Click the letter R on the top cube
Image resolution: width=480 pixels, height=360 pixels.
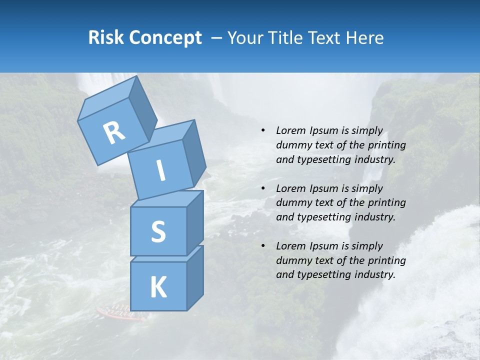pos(114,132)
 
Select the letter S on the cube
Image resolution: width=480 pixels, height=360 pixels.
pos(158,231)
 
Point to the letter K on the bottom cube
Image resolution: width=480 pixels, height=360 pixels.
pos(158,287)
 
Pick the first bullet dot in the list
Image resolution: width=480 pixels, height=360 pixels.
pos(263,131)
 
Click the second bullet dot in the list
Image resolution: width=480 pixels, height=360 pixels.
pos(263,188)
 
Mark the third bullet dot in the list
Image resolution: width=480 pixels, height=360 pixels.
pos(263,246)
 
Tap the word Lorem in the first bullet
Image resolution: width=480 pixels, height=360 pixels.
pos(289,131)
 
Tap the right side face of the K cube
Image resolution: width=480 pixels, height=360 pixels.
pos(195,277)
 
